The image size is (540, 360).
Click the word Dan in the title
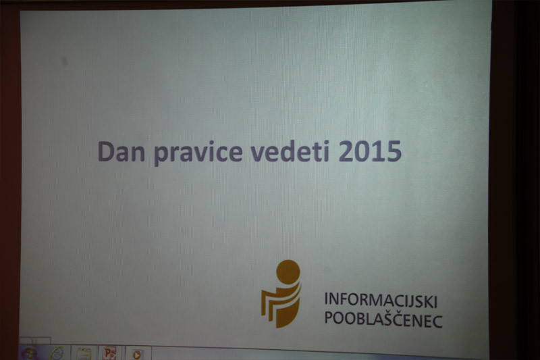pyautogui.click(x=122, y=151)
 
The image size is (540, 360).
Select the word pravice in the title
pyautogui.click(x=198, y=153)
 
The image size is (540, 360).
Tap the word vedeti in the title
pyautogui.click(x=290, y=151)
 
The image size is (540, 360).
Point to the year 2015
pyautogui.click(x=370, y=151)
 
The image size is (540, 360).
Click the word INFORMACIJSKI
pyautogui.click(x=381, y=300)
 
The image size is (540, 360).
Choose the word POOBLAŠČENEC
pyautogui.click(x=383, y=319)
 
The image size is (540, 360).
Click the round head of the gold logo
pyautogui.click(x=288, y=272)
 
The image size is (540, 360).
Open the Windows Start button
pyautogui.click(x=29, y=353)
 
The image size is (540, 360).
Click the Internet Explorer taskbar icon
pyautogui.click(x=57, y=353)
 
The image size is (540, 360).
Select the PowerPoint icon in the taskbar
pyautogui.click(x=109, y=353)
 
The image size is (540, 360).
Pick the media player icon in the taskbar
pyautogui.click(x=137, y=355)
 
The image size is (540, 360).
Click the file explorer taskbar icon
pyautogui.click(x=84, y=354)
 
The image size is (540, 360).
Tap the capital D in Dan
pyautogui.click(x=106, y=151)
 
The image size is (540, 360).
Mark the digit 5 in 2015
pyautogui.click(x=394, y=151)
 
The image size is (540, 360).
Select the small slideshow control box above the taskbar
pyautogui.click(x=35, y=340)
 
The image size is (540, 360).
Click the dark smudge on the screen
pyautogui.click(x=64, y=61)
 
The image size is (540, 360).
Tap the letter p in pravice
pyautogui.click(x=161, y=156)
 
